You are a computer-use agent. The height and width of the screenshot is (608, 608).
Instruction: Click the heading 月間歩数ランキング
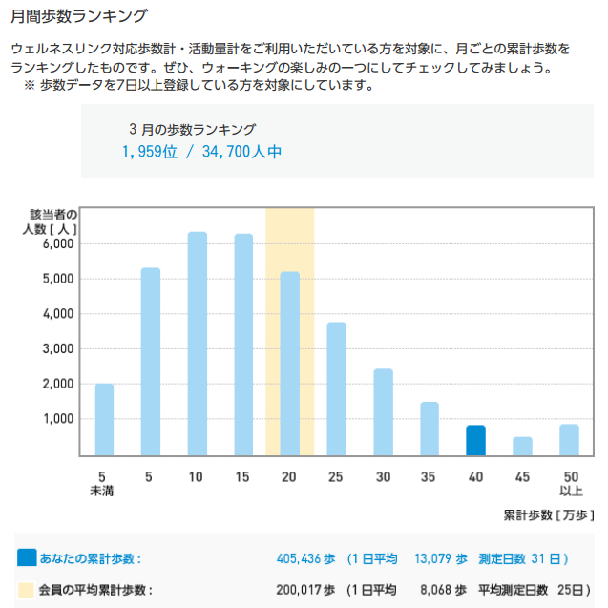click(x=79, y=16)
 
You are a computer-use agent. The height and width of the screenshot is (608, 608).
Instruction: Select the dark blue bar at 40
click(x=475, y=440)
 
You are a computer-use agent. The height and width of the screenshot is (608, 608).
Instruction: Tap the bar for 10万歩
click(x=198, y=344)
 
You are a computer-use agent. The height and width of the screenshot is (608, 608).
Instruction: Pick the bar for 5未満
click(x=104, y=419)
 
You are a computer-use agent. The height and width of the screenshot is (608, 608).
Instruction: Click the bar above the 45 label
click(x=522, y=446)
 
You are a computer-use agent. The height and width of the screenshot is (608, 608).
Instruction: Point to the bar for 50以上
click(x=569, y=440)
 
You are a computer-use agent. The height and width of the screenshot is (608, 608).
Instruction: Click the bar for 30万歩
click(x=383, y=411)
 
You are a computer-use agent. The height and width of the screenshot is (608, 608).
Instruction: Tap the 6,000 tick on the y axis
click(x=59, y=244)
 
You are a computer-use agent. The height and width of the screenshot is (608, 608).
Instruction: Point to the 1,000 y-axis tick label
click(x=59, y=419)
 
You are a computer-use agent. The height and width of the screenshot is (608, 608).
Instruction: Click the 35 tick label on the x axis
click(x=430, y=476)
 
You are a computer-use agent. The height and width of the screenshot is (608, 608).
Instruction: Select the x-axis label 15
click(x=243, y=476)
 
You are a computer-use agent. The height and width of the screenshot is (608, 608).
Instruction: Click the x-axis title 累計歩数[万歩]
click(x=548, y=515)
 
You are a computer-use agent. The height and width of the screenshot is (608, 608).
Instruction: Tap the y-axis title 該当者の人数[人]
click(x=53, y=221)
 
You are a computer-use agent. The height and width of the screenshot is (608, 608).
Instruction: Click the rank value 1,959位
click(x=150, y=152)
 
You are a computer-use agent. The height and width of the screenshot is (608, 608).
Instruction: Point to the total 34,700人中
click(x=241, y=152)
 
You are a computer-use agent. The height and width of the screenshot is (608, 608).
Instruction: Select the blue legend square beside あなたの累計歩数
click(x=27, y=558)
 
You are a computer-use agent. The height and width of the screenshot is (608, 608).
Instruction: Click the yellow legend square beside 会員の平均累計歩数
click(x=27, y=590)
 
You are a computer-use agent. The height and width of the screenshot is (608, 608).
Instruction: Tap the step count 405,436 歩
click(x=304, y=558)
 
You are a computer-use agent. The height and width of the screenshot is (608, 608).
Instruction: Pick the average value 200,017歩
click(x=304, y=590)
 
